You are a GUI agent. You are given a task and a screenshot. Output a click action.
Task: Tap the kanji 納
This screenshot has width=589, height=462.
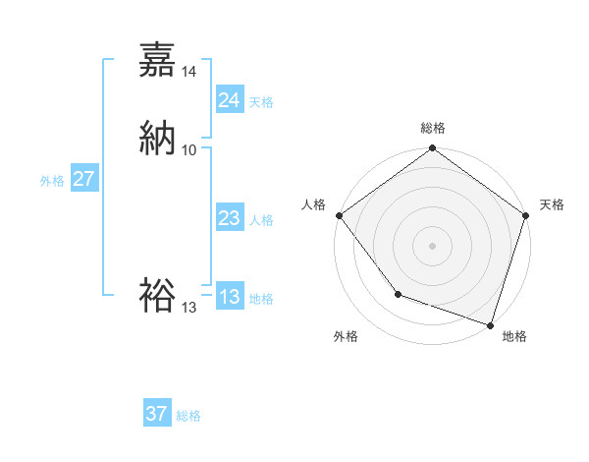pyautogui.click(x=157, y=137)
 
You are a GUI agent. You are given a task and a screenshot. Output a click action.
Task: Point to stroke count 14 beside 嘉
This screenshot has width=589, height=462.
pyautogui.click(x=189, y=72)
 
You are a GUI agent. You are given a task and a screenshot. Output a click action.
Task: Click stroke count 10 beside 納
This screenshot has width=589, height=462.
pyautogui.click(x=189, y=149)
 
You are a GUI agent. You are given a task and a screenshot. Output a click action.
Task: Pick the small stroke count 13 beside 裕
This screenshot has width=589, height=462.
pyautogui.click(x=189, y=308)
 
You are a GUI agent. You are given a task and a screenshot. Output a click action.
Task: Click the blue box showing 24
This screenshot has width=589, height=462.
pyautogui.click(x=229, y=100)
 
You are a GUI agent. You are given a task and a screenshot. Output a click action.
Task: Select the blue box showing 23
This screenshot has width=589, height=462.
pyautogui.click(x=229, y=219)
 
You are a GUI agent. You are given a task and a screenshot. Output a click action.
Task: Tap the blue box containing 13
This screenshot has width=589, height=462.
pyautogui.click(x=229, y=298)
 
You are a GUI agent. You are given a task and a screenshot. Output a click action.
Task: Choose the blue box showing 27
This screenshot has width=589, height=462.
pyautogui.click(x=83, y=180)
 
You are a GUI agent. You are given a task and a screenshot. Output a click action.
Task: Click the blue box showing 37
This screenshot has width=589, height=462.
pyautogui.click(x=156, y=414)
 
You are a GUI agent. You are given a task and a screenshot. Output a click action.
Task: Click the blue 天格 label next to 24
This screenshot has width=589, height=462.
pyautogui.click(x=261, y=102)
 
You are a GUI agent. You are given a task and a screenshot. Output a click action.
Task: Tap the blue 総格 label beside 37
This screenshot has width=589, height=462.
pyautogui.click(x=188, y=416)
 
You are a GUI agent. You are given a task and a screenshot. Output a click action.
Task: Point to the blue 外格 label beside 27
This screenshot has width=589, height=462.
pyautogui.click(x=52, y=181)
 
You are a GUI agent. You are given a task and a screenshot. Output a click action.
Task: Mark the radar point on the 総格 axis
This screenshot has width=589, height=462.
pyautogui.click(x=432, y=149)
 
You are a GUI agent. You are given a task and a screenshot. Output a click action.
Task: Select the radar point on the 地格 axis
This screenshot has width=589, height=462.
pyautogui.click(x=490, y=324)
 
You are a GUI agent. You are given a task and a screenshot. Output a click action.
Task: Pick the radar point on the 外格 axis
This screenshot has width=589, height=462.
pyautogui.click(x=398, y=293)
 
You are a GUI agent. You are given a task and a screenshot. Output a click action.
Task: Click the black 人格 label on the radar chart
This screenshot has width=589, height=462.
pyautogui.click(x=313, y=204)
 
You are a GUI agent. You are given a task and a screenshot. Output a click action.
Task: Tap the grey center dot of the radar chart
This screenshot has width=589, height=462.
pyautogui.click(x=432, y=245)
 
